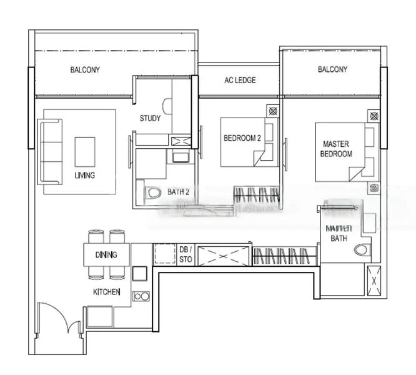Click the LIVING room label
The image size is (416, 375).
(84, 176)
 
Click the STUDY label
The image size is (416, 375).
(150, 118)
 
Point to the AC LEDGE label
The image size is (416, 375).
(240, 81)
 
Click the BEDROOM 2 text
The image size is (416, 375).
(242, 138)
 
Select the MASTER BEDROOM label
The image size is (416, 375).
(336, 149)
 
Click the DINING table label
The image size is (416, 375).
(106, 255)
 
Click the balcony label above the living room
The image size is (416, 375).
(85, 70)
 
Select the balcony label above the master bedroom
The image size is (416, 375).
(332, 69)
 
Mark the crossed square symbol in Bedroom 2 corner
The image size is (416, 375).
(273, 111)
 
